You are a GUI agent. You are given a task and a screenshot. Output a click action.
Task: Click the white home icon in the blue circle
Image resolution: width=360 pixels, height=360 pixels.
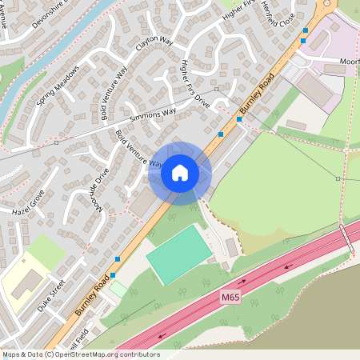(x=179, y=173)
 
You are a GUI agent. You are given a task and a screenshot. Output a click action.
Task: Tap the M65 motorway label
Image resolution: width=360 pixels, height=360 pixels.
(x=230, y=297)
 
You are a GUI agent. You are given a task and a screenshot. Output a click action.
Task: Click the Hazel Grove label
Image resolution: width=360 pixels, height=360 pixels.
(x=29, y=202)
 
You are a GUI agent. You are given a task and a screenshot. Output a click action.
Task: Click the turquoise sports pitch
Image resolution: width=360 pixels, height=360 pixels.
(x=179, y=254)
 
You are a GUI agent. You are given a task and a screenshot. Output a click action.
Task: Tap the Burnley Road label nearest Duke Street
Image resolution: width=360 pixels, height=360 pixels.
(x=90, y=295)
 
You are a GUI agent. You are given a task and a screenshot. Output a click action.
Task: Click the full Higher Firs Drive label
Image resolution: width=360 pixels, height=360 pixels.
(x=195, y=84)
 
